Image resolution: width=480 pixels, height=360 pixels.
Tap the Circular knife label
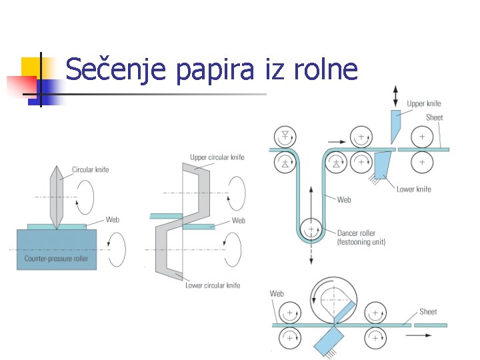(x=91, y=169)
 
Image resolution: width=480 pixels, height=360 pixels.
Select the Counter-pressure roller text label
(x=56, y=259)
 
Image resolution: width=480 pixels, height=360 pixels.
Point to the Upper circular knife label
(x=217, y=157)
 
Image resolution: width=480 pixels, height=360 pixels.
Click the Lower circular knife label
(x=213, y=285)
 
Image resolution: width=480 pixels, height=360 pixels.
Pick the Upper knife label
(x=424, y=103)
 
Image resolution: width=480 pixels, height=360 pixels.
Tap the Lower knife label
(x=414, y=189)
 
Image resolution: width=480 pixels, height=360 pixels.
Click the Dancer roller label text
(x=356, y=233)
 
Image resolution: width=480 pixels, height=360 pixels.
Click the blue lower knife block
(x=383, y=163)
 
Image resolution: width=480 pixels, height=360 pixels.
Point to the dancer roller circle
(x=311, y=231)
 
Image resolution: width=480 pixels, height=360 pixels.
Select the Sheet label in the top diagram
(x=434, y=117)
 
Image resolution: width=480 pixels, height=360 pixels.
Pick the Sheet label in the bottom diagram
(x=428, y=311)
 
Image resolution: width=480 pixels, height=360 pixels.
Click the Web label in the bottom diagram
(x=277, y=293)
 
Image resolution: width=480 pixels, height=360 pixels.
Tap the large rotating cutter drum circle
(x=332, y=299)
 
